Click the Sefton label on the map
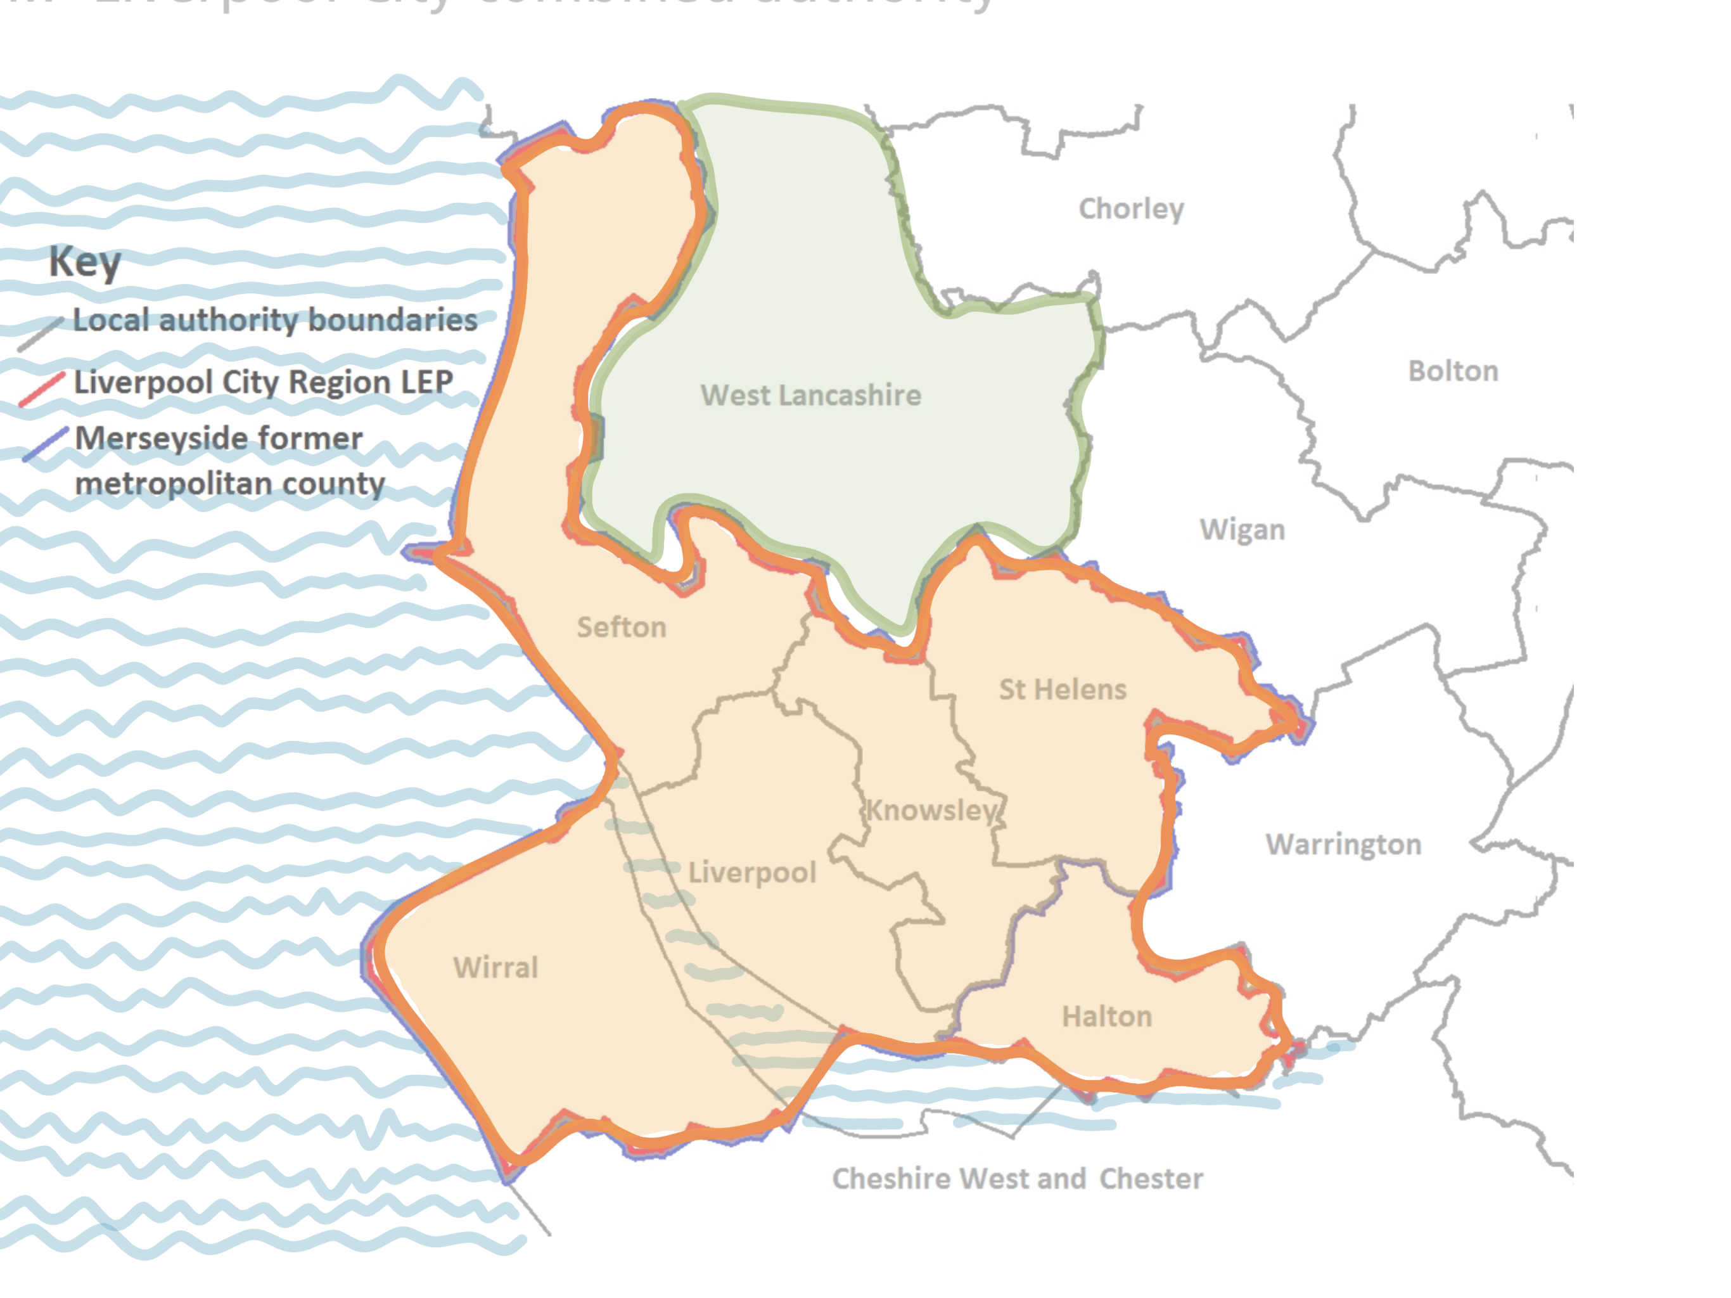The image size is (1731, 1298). pyautogui.click(x=622, y=627)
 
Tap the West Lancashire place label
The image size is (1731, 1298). pyautogui.click(x=811, y=395)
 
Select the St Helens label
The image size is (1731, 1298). pyautogui.click(x=1062, y=689)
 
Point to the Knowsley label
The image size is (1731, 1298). pyautogui.click(x=931, y=809)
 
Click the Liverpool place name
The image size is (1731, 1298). pyautogui.click(x=751, y=872)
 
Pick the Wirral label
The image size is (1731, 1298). pyautogui.click(x=495, y=968)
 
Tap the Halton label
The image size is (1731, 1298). pyautogui.click(x=1106, y=1016)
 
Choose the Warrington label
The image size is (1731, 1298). pyautogui.click(x=1343, y=844)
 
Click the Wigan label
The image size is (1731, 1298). pyautogui.click(x=1242, y=530)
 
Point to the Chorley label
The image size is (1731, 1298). pyautogui.click(x=1131, y=209)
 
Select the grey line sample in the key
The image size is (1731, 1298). pyautogui.click(x=41, y=333)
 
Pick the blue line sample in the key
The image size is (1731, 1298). pyautogui.click(x=46, y=444)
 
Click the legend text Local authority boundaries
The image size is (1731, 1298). pyautogui.click(x=275, y=320)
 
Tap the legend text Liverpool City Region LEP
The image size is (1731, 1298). pyautogui.click(x=263, y=382)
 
